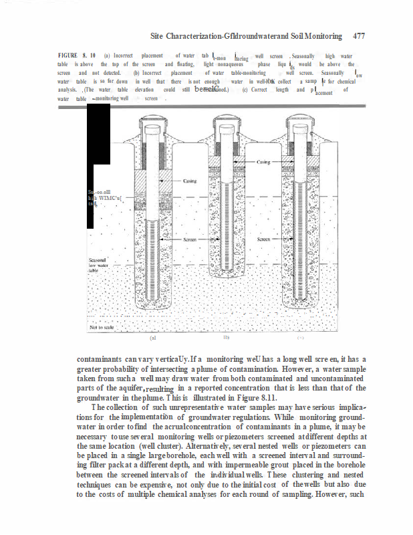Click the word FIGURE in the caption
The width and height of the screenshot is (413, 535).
click(x=68, y=56)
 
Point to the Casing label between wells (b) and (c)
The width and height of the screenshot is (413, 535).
click(x=263, y=162)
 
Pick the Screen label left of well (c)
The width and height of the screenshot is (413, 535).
click(x=264, y=238)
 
